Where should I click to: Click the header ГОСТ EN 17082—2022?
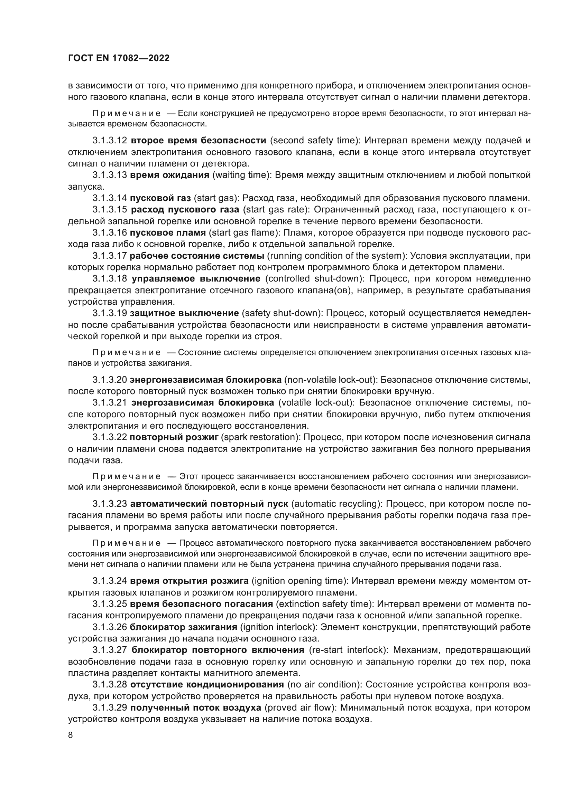(119, 58)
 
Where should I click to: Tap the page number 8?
(71, 735)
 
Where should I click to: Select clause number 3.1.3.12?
(110, 140)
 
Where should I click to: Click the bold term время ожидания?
(169, 175)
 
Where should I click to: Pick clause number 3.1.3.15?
(110, 209)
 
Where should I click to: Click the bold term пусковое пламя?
(168, 232)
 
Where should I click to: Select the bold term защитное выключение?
(184, 313)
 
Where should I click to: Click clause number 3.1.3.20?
(110, 380)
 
